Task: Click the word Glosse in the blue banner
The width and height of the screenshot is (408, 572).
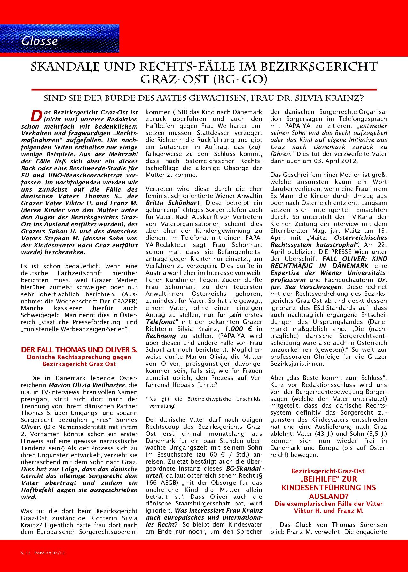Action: click(40, 41)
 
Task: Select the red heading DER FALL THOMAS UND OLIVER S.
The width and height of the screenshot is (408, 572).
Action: click(79, 349)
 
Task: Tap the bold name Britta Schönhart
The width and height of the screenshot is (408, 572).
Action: click(173, 202)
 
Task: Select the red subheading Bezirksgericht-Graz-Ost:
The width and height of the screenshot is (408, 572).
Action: click(329, 471)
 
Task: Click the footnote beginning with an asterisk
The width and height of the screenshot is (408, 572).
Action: click(203, 403)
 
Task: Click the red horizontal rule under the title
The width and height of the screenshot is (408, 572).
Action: click(204, 90)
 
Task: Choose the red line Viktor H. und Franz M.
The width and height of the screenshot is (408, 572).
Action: click(329, 511)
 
